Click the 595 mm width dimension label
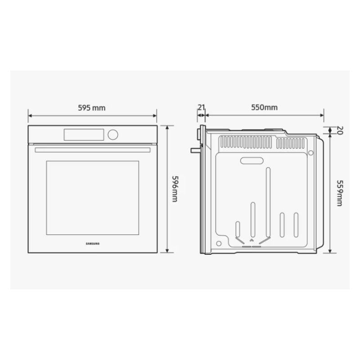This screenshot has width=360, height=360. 92,108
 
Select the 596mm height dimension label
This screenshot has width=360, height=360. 175,189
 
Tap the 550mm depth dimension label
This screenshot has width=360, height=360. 264,107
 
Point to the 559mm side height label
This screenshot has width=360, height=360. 340,193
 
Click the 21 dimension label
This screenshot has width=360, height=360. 201,107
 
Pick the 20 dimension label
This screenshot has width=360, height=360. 340,130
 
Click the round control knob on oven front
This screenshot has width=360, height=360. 113,135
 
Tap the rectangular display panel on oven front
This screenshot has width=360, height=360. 84,135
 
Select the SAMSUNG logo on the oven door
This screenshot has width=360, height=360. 93,243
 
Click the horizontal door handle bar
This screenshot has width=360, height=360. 93,150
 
